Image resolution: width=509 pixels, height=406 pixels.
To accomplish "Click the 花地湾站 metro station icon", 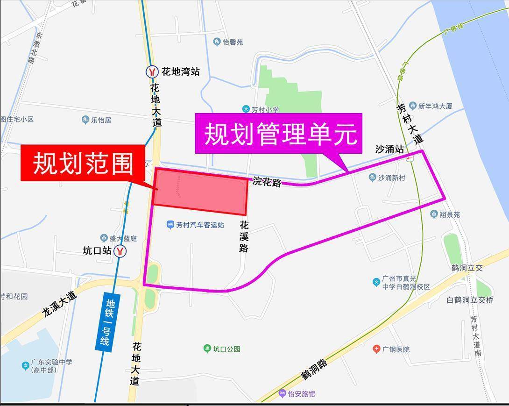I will [152, 71].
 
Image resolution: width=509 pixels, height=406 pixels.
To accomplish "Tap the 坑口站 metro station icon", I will [121, 251].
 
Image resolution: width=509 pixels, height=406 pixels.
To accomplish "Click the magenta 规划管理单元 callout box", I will [278, 134].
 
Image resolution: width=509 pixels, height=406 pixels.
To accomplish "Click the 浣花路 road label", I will [268, 181].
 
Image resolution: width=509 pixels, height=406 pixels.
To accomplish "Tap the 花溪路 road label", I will [243, 236].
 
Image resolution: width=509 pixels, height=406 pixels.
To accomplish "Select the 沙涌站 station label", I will [389, 150].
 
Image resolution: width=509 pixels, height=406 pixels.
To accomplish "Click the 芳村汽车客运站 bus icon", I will [170, 225].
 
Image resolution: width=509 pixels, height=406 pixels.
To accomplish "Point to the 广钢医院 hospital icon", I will [376, 349].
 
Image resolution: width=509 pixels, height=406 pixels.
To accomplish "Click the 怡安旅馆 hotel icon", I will [282, 393].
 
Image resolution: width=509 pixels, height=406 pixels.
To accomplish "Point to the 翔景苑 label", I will [450, 214].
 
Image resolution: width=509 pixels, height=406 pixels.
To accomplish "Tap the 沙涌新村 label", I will [391, 178].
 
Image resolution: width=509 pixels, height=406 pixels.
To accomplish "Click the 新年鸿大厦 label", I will [435, 106].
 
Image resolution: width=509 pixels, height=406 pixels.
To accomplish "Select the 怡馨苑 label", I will [233, 42].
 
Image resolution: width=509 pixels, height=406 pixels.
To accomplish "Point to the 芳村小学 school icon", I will [246, 109].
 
